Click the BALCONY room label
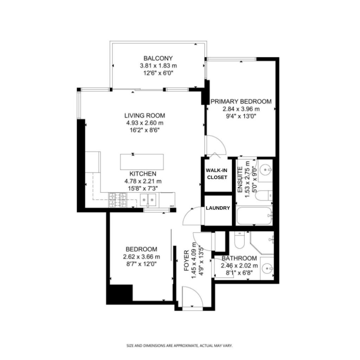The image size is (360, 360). pos(158,58)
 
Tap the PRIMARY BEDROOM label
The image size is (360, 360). pos(241,101)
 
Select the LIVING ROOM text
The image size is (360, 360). pos(144,115)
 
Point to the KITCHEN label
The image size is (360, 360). pos(143,174)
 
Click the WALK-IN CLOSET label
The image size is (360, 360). pos(217,174)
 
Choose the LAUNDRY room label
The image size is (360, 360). pos(218,208)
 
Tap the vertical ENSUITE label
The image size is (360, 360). pos(240,180)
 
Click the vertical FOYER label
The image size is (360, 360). pos(186,261)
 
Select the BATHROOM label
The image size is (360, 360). pos(239,258)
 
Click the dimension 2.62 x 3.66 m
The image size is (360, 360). pos(141,257)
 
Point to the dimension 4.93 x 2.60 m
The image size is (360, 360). pos(144,123)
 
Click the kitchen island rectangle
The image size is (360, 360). pos(142,162)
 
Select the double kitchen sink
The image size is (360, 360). pos(148,199)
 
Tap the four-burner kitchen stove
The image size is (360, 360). pos(117,200)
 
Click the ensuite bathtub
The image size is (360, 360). pos(255,216)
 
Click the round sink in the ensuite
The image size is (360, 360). pos(265,170)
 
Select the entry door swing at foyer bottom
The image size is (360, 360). pos(192,297)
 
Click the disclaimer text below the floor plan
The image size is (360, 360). pos(180,346)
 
